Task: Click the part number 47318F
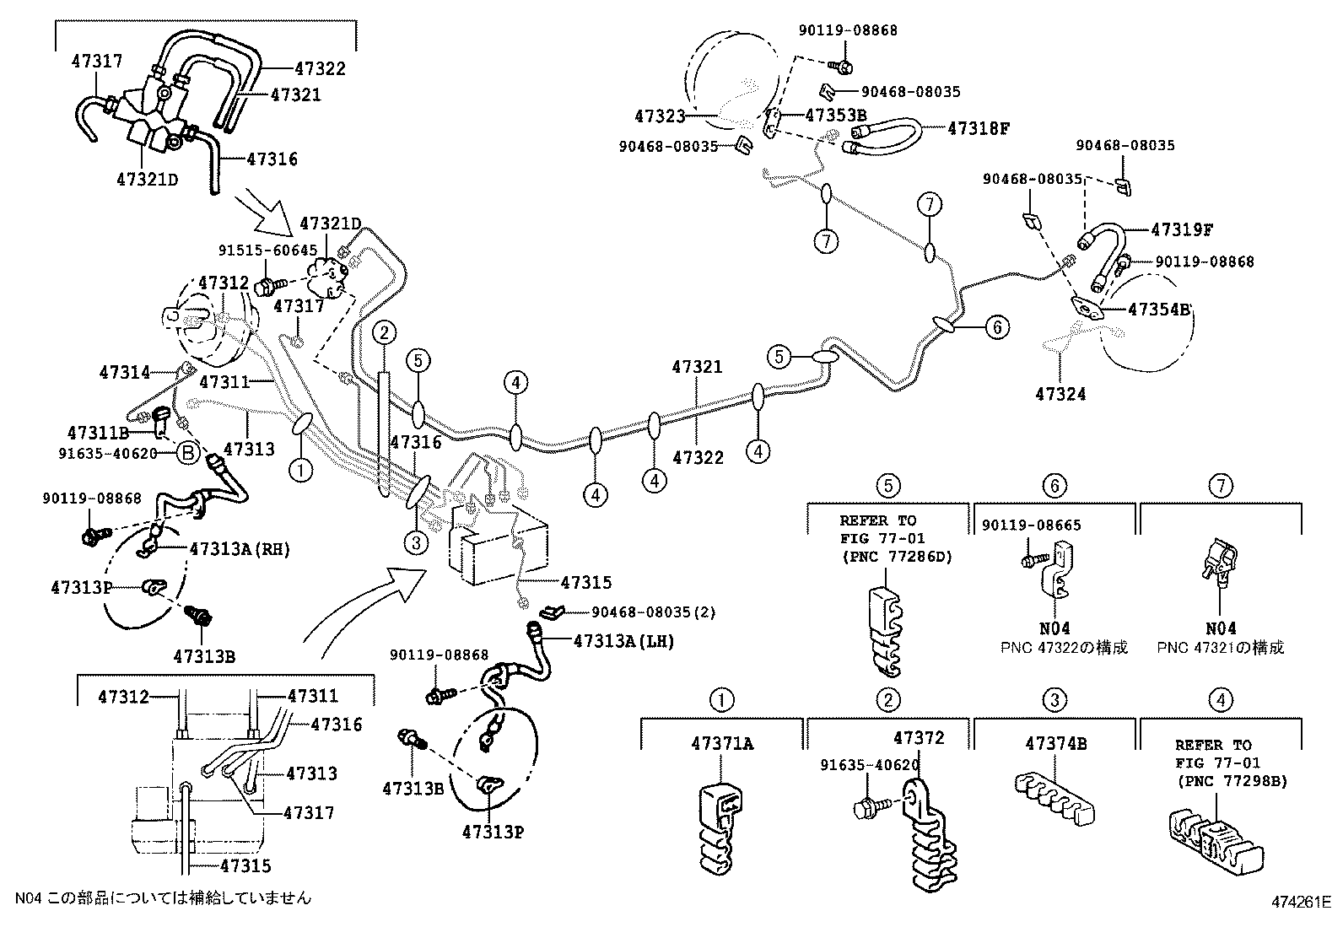point(979,128)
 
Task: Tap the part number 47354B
point(1158,309)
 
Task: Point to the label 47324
point(1060,394)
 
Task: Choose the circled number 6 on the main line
point(997,327)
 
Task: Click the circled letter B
point(188,454)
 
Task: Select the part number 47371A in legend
point(722,743)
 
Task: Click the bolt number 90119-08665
point(1031,525)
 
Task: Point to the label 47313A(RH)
point(240,549)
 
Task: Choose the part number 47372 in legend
point(919,738)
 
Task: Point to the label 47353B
point(835,115)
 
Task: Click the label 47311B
point(98,433)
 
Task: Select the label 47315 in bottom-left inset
point(245,865)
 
